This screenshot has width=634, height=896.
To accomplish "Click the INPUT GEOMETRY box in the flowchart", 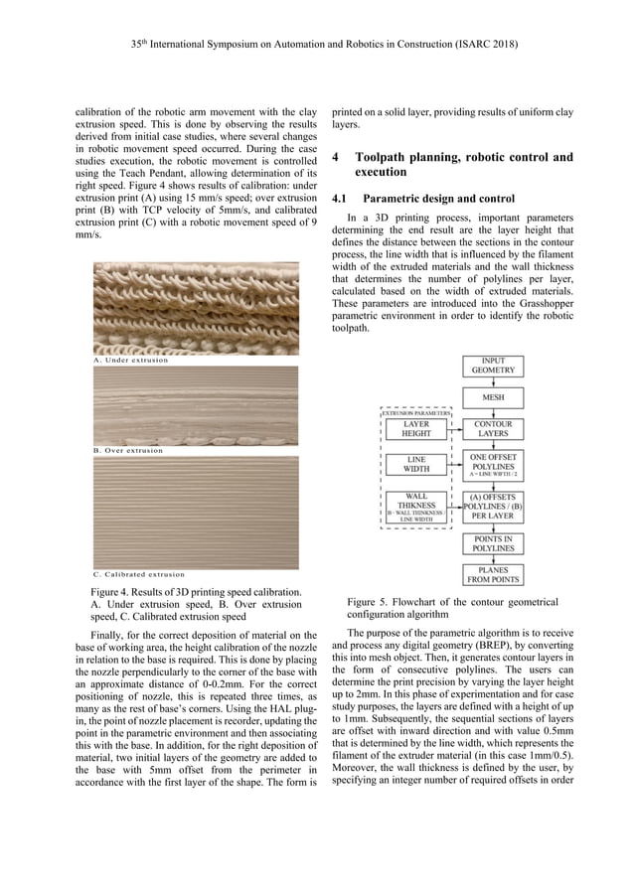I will (492, 365).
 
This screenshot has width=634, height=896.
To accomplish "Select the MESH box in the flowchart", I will (492, 397).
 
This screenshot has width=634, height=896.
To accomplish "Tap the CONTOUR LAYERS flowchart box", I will (492, 429).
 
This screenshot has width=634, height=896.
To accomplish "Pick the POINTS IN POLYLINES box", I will (492, 542).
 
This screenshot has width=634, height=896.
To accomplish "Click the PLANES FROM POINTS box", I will (492, 574).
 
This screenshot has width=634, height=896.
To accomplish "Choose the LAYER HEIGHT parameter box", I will (416, 429).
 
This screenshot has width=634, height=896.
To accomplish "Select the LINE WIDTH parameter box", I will (416, 464).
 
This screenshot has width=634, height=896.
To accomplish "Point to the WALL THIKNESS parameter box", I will (416, 506).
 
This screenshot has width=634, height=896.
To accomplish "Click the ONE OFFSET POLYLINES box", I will (492, 466).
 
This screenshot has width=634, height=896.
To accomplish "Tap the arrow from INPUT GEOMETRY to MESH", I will (492, 381).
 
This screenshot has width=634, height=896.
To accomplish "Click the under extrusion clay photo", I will (196, 308).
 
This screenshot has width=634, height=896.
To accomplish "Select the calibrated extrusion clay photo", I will (196, 512).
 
